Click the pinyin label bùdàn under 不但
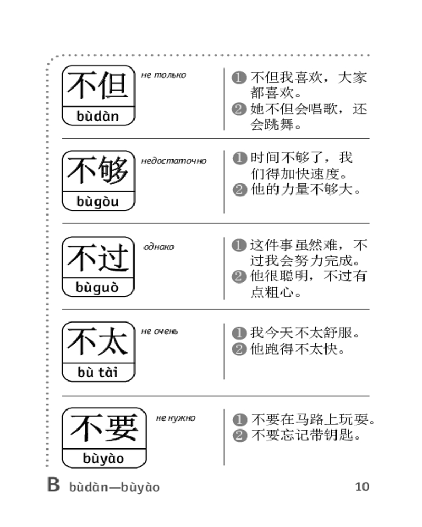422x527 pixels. tap(98, 116)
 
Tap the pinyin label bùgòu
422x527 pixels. tap(98, 201)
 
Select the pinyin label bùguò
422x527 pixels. tap(98, 288)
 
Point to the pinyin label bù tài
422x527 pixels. tap(98, 373)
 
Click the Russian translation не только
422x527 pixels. tap(164, 75)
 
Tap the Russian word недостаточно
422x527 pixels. tap(174, 161)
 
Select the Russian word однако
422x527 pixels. tap(159, 247)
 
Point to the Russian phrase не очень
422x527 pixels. tap(160, 331)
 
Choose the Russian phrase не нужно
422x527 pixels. tap(175, 418)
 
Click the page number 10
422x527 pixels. tap(362, 486)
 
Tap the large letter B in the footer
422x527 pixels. tap(53, 485)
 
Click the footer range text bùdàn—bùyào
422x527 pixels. tap(114, 487)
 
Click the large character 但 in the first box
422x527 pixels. tap(114, 86)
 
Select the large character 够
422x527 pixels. tap(114, 171)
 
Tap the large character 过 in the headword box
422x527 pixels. tap(114, 258)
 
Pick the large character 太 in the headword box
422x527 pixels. tap(114, 343)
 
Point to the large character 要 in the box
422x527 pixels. tap(121, 428)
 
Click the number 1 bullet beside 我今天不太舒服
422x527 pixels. tap(239, 334)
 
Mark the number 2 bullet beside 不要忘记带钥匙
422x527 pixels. tap(240, 436)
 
